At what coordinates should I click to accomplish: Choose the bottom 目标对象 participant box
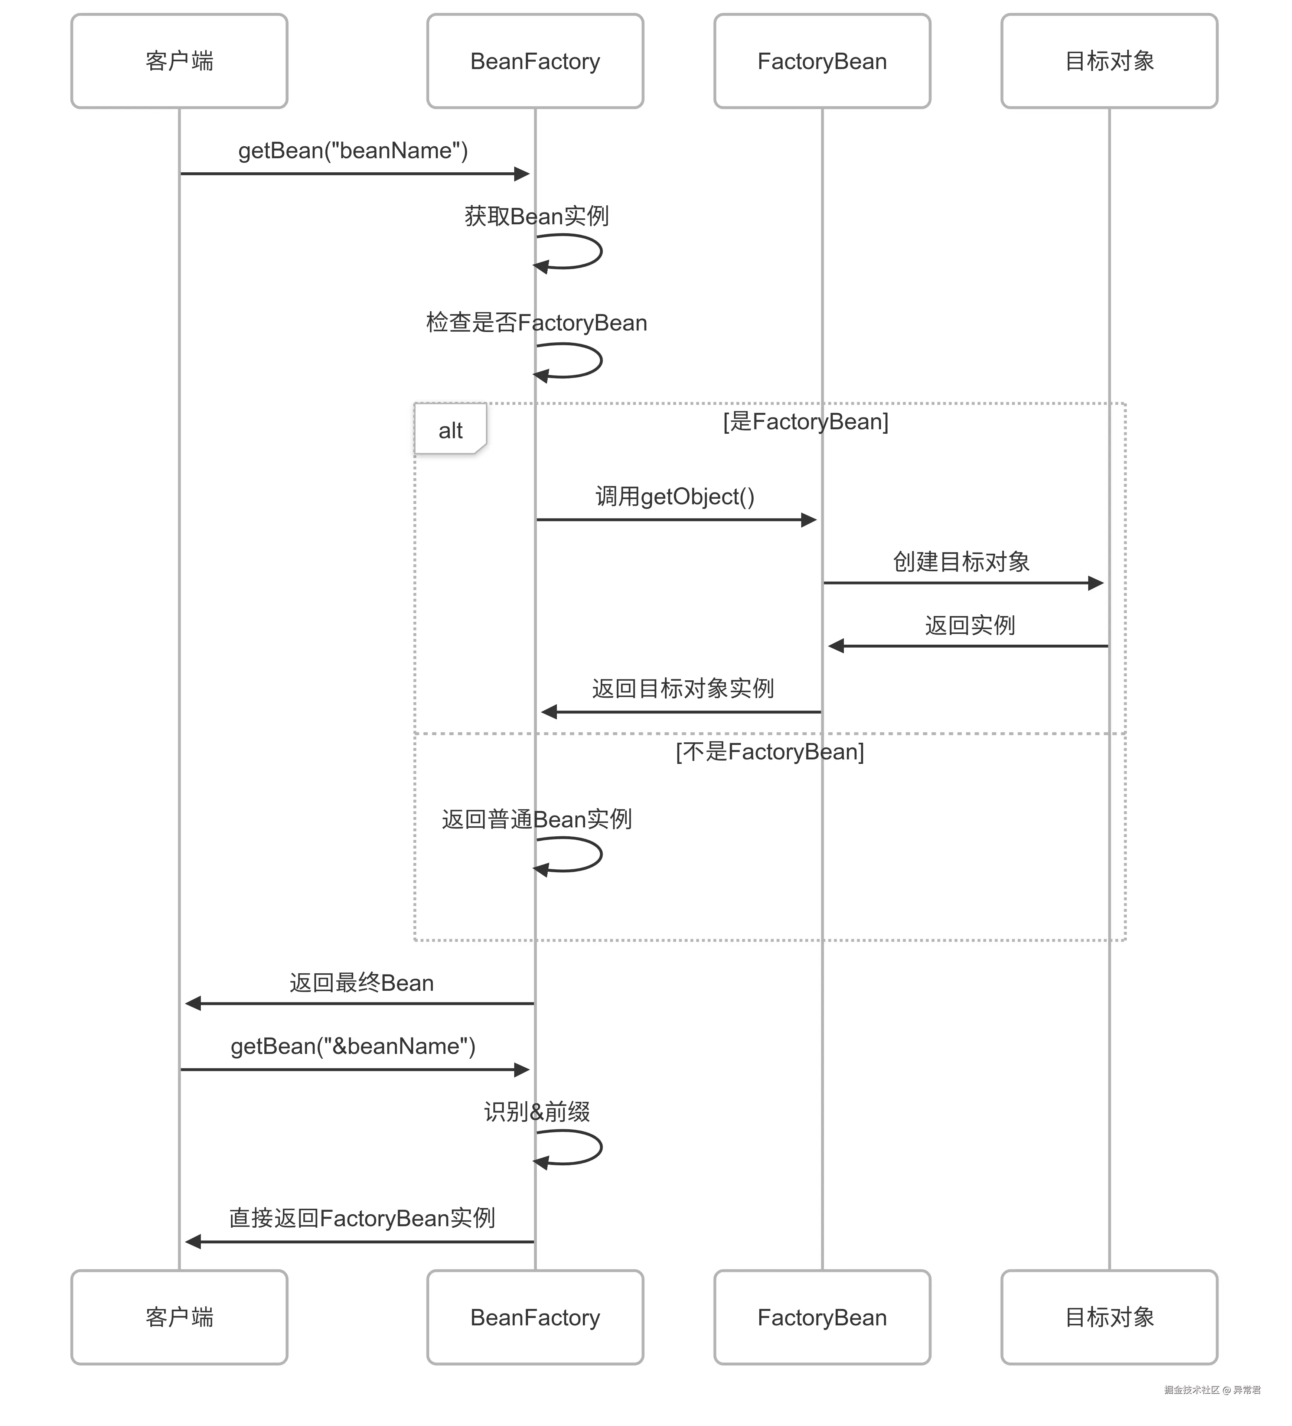1109,1317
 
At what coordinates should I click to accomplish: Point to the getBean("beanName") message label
353,151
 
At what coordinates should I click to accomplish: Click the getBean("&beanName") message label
353,1046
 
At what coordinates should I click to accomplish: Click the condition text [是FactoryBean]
806,421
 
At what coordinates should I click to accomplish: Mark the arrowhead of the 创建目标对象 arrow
1096,583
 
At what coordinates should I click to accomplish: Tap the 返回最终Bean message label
361,983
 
